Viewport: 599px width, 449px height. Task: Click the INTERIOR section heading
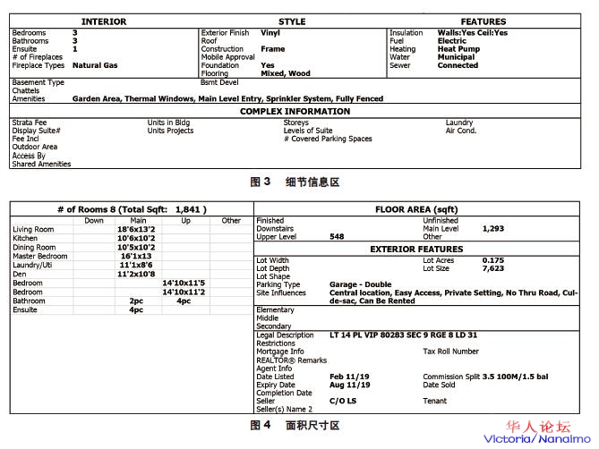click(104, 21)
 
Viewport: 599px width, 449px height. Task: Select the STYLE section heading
click(292, 21)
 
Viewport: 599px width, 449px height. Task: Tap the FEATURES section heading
click(483, 21)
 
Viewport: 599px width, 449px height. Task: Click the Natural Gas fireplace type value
click(95, 65)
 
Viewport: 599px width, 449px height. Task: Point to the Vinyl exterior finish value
click(270, 32)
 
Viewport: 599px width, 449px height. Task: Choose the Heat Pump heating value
click(458, 49)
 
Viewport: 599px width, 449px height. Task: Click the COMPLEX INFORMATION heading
click(295, 112)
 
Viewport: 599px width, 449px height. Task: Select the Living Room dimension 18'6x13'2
click(136, 230)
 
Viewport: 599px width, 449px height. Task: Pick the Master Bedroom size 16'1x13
click(136, 257)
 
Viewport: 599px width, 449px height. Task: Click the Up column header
click(185, 220)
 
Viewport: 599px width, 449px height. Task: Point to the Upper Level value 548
click(337, 237)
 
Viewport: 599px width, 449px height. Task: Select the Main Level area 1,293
click(494, 229)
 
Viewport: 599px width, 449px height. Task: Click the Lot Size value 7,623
click(492, 269)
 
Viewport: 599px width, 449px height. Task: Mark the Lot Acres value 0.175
click(492, 260)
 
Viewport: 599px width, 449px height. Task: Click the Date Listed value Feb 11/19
click(348, 377)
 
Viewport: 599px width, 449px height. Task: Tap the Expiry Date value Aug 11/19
click(349, 385)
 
